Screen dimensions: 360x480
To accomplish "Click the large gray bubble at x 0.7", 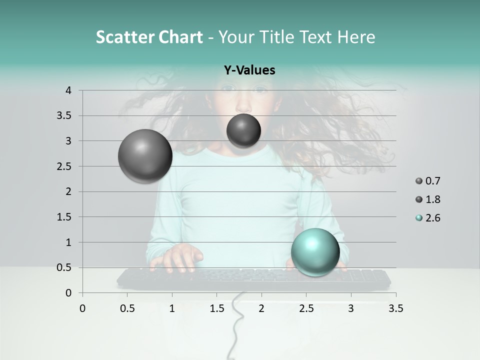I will [145, 156].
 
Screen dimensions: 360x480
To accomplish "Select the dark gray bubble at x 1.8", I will [243, 130].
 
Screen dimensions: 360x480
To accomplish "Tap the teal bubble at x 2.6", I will [315, 251].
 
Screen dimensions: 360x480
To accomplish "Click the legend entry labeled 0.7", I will [428, 181].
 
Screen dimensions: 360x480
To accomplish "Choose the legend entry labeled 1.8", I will [428, 199].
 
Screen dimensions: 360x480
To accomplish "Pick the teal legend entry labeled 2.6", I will [428, 218].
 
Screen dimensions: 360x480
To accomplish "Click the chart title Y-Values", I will [249, 70].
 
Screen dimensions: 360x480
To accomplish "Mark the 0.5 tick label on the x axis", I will [127, 308].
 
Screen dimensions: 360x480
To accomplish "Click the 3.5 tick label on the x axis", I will [395, 308].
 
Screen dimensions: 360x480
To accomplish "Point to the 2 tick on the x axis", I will [261, 308].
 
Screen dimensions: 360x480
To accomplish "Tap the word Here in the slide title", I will [356, 37].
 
